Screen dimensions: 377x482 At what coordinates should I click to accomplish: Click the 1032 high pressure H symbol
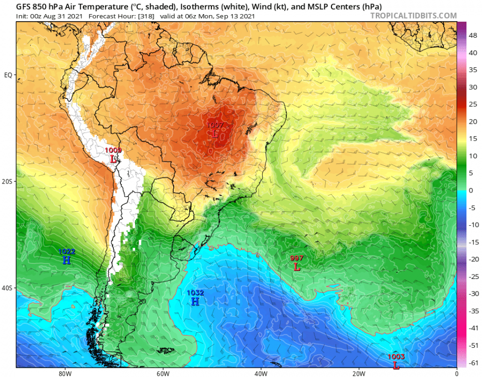click(x=195, y=301)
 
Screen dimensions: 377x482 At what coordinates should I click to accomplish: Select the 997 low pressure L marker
click(x=297, y=266)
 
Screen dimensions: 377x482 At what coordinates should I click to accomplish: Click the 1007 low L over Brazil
click(x=215, y=133)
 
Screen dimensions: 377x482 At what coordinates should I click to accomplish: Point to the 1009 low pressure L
click(x=113, y=159)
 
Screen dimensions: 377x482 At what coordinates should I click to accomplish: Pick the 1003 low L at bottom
click(x=396, y=365)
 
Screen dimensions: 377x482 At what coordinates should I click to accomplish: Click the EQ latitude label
click(x=8, y=75)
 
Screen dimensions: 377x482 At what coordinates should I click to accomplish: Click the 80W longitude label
click(x=64, y=373)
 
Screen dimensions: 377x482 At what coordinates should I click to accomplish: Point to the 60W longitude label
click(x=162, y=373)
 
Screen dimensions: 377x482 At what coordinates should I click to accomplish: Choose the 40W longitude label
click(x=260, y=373)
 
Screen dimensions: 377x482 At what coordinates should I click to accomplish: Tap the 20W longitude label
click(x=358, y=373)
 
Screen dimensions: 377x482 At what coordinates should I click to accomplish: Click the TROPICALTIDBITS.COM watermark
click(x=413, y=16)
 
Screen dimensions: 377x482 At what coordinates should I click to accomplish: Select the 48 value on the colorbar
click(x=473, y=36)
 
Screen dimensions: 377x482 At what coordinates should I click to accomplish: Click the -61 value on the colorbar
click(x=473, y=361)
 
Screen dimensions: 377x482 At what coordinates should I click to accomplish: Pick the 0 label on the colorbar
click(x=471, y=190)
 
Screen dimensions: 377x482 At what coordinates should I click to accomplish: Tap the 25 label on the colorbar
click(x=472, y=104)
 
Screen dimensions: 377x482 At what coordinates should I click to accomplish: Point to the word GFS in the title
click(x=24, y=7)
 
